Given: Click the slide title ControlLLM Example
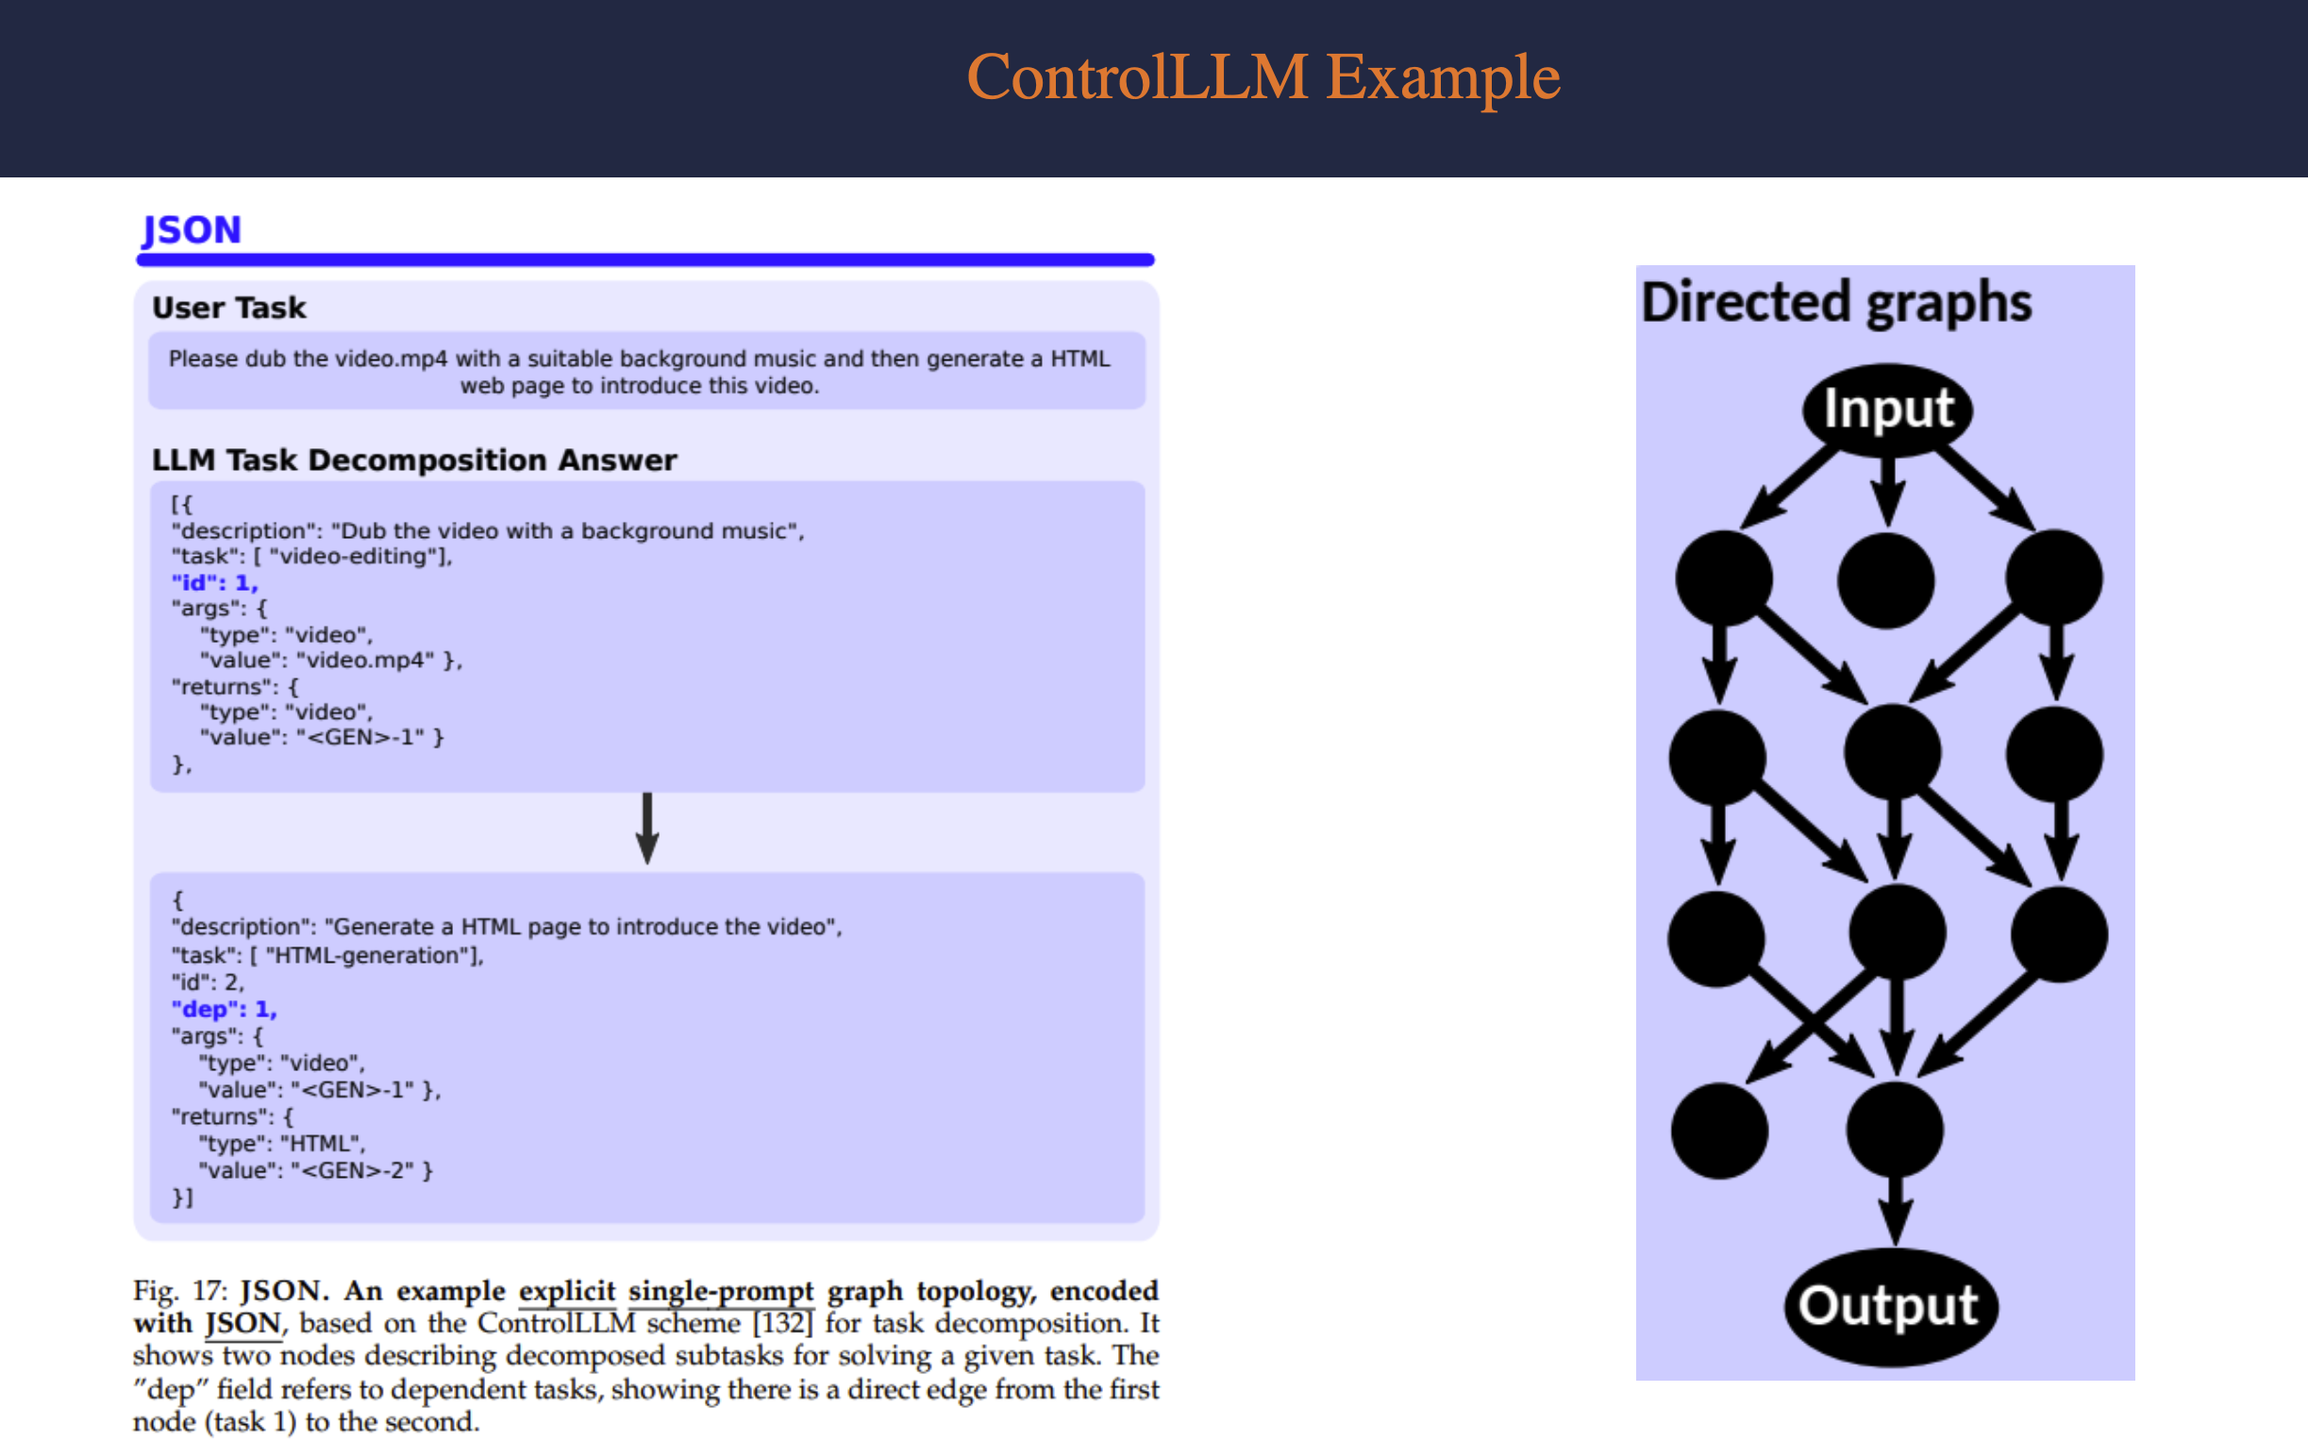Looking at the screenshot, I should pos(1263,76).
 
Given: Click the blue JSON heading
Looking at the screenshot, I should pos(192,230).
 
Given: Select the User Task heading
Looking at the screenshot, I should pos(228,308).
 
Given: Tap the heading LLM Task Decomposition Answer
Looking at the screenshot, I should pos(413,460).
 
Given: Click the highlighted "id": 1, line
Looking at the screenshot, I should pos(214,582).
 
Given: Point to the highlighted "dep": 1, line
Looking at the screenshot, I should pos(224,1009).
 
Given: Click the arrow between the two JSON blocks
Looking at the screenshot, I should pos(647,828).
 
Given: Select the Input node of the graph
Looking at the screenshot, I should pos(1887,410).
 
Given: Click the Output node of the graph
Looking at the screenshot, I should pos(1889,1305).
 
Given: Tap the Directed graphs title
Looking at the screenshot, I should pos(1836,302).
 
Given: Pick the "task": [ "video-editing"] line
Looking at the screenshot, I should pos(311,556).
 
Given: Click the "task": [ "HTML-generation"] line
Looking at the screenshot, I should pos(327,955).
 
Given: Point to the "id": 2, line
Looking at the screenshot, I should pos(208,982).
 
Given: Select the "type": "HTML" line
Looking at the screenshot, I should pos(282,1144).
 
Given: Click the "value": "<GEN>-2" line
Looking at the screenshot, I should pos(315,1170).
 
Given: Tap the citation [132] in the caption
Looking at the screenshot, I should pos(782,1323).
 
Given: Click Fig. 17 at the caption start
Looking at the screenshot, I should pos(180,1290).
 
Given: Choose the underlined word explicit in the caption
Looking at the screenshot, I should pos(567,1290).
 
